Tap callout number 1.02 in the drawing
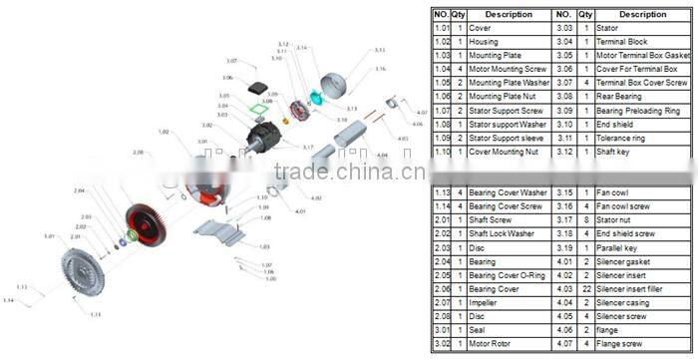pyautogui.click(x=164, y=132)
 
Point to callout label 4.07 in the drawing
pyautogui.click(x=422, y=113)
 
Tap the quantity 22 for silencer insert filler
pyautogui.click(x=585, y=288)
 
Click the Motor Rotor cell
pyautogui.click(x=492, y=344)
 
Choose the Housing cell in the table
pyautogui.click(x=485, y=42)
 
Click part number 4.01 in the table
pyautogui.click(x=563, y=260)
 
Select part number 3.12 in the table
pyautogui.click(x=563, y=152)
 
